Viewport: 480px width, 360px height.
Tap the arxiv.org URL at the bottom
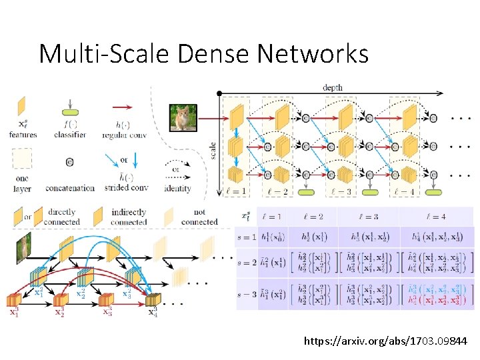point(386,341)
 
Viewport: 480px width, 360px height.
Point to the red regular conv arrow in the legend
point(122,107)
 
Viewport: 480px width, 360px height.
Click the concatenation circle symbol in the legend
point(70,161)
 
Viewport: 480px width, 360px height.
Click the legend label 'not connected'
point(199,217)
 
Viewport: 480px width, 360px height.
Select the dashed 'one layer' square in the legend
point(23,159)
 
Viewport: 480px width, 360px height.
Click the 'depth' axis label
point(333,87)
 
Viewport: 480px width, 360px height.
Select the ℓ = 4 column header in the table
point(436,217)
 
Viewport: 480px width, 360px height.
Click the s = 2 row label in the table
point(246,263)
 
